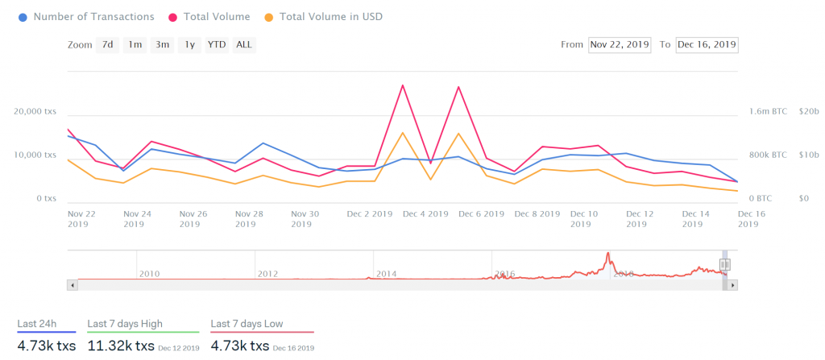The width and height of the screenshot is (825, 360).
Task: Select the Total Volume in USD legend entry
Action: (330, 16)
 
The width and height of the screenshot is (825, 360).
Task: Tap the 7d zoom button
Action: (106, 45)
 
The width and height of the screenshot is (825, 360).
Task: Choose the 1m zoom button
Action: (134, 45)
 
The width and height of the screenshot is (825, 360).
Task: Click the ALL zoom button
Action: (243, 45)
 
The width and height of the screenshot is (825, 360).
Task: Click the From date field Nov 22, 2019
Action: (620, 45)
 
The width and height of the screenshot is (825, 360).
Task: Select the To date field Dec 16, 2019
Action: (707, 45)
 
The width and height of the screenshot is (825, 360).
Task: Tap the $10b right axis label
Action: (808, 155)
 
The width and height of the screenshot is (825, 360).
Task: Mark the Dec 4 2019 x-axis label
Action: (425, 214)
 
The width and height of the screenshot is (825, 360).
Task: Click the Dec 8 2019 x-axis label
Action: (537, 214)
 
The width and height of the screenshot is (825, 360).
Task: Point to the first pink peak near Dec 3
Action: (402, 85)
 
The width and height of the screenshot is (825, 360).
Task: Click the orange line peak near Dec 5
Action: (458, 134)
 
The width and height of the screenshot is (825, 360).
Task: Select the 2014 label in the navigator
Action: (386, 274)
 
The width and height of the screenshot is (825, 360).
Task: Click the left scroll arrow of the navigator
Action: (73, 285)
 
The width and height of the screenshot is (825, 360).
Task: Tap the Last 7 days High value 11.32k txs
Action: (121, 346)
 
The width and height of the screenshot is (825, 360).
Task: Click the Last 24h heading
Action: (37, 324)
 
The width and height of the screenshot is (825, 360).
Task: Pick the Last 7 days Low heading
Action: (247, 324)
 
